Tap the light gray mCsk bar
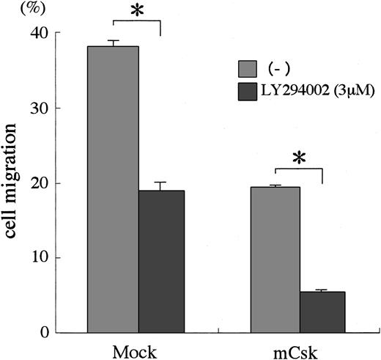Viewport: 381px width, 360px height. [275, 260]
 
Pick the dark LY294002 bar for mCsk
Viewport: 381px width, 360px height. [322, 312]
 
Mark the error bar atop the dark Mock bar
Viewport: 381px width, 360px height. [160, 185]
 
